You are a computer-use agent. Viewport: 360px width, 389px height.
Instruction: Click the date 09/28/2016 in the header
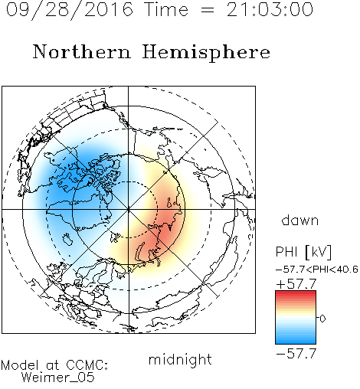pos(70,10)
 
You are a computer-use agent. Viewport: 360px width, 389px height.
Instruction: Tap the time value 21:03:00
pos(270,9)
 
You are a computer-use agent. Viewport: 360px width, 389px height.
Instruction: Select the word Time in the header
pos(166,9)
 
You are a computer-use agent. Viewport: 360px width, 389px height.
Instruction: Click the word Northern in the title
pos(82,52)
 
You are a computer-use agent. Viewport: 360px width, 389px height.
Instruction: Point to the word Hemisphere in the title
pos(206,53)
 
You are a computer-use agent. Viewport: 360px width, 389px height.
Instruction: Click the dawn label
pos(300,220)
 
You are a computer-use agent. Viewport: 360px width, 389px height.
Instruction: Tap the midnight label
pos(180,359)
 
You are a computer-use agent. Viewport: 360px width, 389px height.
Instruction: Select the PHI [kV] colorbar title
pos(303,252)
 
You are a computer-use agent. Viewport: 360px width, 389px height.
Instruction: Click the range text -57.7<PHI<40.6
pos(317,270)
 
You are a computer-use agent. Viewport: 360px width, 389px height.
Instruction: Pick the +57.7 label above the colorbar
pos(296,284)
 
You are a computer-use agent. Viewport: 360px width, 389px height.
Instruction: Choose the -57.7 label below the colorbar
pos(296,354)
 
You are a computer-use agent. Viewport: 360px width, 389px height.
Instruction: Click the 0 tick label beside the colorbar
pos(322,319)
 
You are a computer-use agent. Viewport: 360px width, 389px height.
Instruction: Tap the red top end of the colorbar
pos(296,293)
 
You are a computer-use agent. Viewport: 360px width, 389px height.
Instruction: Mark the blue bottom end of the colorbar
pos(296,342)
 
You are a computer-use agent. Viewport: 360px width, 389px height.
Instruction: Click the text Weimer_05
pos(58,378)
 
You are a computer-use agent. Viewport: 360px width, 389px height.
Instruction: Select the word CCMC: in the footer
pos(87,364)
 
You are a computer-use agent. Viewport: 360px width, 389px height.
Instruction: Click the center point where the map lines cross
pos(128,209)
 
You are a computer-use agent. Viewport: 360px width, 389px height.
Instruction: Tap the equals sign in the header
pos(208,10)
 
